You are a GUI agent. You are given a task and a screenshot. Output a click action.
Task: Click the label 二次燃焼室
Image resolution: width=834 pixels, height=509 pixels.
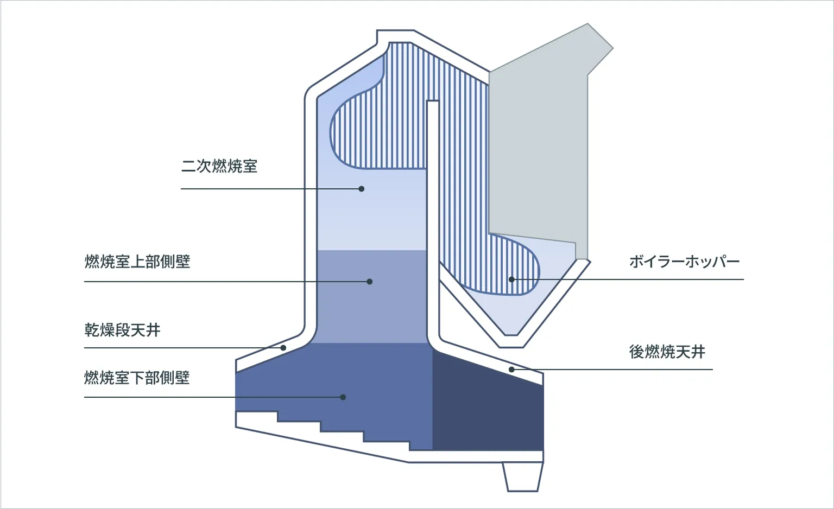point(219,166)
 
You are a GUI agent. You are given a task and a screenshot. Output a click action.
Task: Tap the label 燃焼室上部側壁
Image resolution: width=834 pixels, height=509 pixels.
point(137,262)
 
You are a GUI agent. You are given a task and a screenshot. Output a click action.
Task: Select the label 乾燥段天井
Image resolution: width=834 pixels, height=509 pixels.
point(122,330)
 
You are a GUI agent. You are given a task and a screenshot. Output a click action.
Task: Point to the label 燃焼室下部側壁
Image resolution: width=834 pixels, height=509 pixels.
point(137,378)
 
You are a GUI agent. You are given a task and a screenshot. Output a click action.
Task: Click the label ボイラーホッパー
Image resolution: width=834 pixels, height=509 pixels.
point(684,262)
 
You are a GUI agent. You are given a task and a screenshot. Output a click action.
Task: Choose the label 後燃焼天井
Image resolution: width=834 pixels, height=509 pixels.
point(667,352)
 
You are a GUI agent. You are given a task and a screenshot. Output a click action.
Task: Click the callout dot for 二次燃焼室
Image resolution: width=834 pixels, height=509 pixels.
point(362,189)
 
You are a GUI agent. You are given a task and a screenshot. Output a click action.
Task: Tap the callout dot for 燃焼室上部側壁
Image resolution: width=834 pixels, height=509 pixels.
point(370,282)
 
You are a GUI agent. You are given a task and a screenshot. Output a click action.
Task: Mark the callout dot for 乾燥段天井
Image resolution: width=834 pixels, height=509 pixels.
point(283,348)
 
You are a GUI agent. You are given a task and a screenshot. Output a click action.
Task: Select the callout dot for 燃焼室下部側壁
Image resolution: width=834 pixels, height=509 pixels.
point(343,397)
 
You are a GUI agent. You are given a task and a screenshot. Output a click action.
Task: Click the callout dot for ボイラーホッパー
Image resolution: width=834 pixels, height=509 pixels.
point(511,279)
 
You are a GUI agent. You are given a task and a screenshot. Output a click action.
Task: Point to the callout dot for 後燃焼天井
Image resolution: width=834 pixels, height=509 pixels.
point(511,370)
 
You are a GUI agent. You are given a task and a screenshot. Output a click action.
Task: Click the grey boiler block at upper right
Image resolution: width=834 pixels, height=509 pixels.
point(538,147)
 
